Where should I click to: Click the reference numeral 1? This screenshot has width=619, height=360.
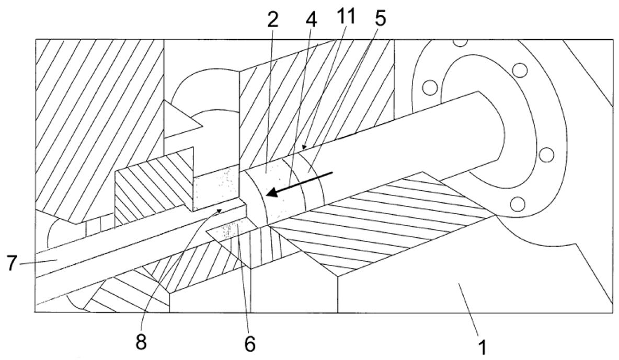[482, 348]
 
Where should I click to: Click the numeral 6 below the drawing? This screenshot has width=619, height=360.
[249, 343]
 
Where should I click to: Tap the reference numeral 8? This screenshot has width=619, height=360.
[141, 341]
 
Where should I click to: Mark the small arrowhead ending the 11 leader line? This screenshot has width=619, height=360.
[304, 147]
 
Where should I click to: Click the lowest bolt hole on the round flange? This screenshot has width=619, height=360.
[517, 204]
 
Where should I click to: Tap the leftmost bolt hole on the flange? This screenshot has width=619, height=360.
[430, 87]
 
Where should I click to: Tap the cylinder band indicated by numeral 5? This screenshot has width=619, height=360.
[312, 180]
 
